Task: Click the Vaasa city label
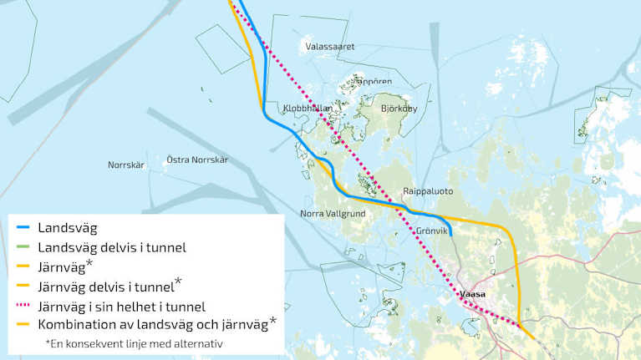[473, 295]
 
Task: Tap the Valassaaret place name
[331, 47]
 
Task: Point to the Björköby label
[399, 109]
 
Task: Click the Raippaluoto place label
[427, 190]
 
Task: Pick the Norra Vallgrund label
[331, 215]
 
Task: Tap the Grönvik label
[433, 231]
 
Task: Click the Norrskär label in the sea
[126, 165]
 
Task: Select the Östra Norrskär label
[197, 160]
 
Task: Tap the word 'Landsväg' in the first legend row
[68, 227]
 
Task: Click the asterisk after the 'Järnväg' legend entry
[89, 263]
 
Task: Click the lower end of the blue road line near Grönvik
[451, 236]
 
